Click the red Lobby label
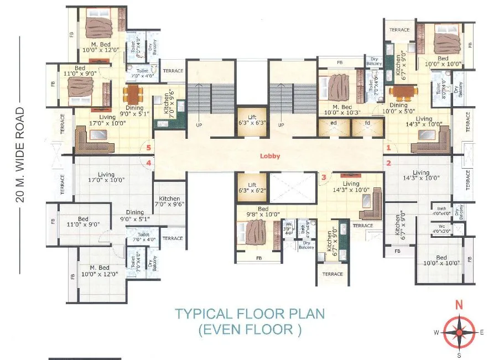(271, 156)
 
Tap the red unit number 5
(148, 148)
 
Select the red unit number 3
(324, 177)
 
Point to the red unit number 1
(388, 148)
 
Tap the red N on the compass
(458, 304)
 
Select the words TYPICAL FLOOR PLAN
(250, 314)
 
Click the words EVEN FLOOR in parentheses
(250, 331)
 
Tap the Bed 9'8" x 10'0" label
(252, 212)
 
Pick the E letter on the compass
(482, 332)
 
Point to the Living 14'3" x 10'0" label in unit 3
(351, 187)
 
